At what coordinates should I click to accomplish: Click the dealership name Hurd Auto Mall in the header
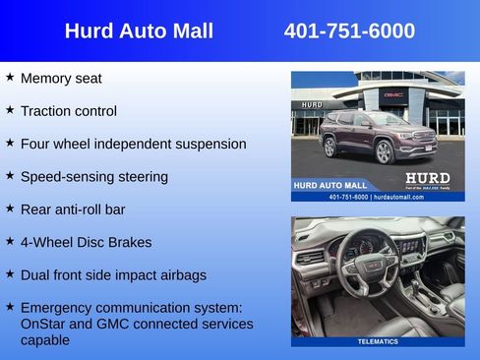(x=139, y=31)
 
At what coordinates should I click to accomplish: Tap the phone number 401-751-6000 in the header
(x=349, y=31)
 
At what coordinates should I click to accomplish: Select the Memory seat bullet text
(x=61, y=79)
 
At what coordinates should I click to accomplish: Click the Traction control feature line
(x=68, y=111)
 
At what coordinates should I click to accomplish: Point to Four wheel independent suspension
(x=133, y=144)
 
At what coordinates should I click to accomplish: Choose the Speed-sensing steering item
(x=93, y=177)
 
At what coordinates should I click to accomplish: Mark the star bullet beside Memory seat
(x=10, y=77)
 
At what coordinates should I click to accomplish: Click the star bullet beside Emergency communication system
(x=10, y=306)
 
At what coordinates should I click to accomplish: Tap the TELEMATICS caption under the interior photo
(x=378, y=341)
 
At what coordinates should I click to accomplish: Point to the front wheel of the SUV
(x=384, y=150)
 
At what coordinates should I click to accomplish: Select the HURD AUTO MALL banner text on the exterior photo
(x=330, y=185)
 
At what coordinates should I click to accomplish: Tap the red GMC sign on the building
(x=393, y=94)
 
